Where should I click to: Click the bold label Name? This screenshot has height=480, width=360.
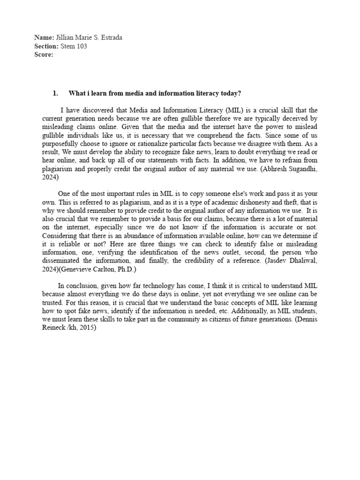tap(45, 37)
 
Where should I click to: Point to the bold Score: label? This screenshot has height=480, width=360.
tap(45, 54)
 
